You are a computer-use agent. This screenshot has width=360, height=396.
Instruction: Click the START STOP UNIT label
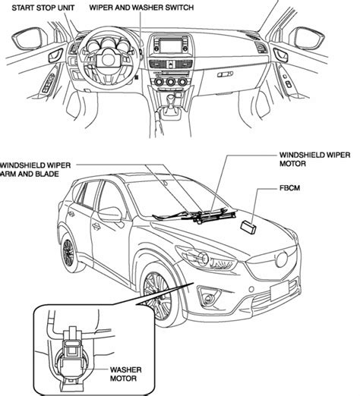pyautogui.click(x=43, y=8)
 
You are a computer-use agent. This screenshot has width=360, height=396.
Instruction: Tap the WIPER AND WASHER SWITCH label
pyautogui.click(x=141, y=8)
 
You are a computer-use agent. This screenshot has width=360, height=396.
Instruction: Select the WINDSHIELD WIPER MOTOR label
pyautogui.click(x=314, y=159)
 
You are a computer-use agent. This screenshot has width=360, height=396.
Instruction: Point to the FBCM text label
pyautogui.click(x=289, y=188)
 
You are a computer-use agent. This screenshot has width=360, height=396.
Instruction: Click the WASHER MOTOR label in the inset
pyautogui.click(x=125, y=374)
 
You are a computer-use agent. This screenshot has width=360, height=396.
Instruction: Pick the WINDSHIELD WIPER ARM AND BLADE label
pyautogui.click(x=35, y=169)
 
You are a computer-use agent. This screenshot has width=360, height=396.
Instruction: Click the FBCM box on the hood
pyautogui.click(x=248, y=227)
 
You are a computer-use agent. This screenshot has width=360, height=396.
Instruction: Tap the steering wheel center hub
pyautogui.click(x=108, y=60)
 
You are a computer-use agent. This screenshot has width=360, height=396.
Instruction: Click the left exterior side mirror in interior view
pyautogui.click(x=29, y=38)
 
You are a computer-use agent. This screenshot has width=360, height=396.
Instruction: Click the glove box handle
pyautogui.click(x=225, y=74)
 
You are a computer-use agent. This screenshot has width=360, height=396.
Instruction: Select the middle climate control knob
pyautogui.click(x=170, y=82)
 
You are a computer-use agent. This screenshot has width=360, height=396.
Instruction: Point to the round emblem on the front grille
pyautogui.click(x=282, y=259)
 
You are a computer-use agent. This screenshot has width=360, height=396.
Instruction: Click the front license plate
pyautogui.click(x=279, y=291)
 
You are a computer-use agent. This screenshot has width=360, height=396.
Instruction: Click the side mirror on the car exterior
pyautogui.click(x=111, y=214)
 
